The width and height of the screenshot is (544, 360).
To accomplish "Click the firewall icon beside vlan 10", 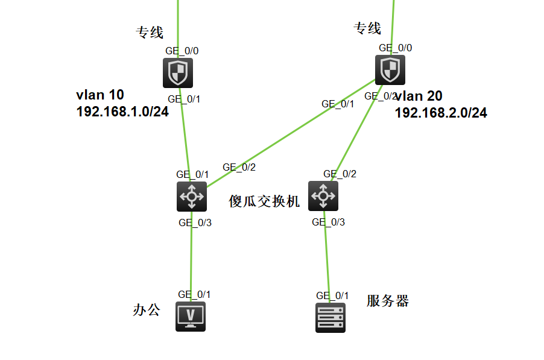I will tap(177, 73).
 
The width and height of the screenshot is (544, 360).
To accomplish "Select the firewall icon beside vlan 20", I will tap(390, 70).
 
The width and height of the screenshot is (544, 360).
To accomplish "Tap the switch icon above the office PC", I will tap(192, 196).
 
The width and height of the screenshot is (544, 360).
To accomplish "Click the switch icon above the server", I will tap(323, 196).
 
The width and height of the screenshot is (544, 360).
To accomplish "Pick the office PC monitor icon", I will tap(191, 316).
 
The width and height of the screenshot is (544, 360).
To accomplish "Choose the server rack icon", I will tap(331, 317).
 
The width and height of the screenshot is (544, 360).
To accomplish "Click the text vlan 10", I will tap(100, 95).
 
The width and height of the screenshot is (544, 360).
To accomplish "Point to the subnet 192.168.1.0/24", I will tap(122, 112).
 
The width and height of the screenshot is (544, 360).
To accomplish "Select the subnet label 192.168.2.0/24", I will tap(441, 113).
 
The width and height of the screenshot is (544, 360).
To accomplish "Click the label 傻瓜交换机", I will tap(264, 201).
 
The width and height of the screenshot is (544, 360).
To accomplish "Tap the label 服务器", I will tap(387, 301).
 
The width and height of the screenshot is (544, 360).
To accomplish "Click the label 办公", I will tap(147, 310).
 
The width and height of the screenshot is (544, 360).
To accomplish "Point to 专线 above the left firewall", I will tap(150, 32).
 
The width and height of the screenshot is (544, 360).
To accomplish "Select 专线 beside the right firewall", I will tap(367, 28).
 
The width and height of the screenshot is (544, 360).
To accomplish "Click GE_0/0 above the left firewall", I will tap(182, 51).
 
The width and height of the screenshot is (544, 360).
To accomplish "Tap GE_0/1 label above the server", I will tap(332, 295).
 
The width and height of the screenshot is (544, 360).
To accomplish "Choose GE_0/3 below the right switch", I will tap(328, 222).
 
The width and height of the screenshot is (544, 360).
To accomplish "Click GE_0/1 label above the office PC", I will tap(194, 294).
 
